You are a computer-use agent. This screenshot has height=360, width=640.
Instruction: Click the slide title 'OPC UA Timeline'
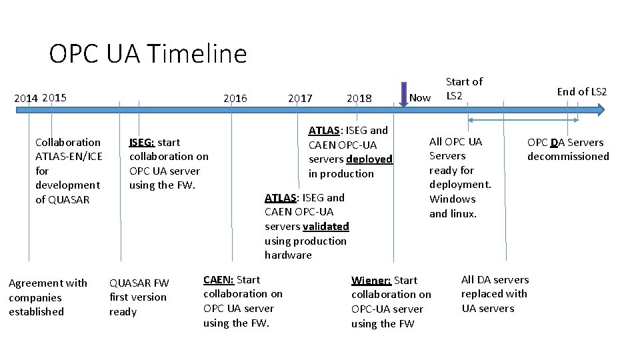(147, 53)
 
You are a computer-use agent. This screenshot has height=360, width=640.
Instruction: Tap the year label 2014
(26, 99)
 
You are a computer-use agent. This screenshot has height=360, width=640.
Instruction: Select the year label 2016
(235, 99)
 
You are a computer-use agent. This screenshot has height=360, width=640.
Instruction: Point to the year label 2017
(300, 99)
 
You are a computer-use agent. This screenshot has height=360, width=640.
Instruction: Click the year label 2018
(359, 99)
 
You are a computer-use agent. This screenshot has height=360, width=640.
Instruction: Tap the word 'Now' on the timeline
(419, 98)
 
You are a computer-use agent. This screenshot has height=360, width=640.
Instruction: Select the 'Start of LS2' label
(464, 88)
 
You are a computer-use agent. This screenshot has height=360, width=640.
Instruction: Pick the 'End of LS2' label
(582, 92)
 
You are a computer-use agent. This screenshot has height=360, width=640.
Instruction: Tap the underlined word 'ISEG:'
(142, 142)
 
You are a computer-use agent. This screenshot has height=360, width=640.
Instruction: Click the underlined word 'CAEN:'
(219, 279)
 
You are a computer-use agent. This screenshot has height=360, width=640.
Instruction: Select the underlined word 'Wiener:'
(371, 280)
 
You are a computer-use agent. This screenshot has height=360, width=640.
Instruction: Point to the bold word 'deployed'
(369, 159)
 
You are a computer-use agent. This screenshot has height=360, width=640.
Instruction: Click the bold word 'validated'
(325, 227)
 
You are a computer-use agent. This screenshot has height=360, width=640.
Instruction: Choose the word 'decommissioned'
(568, 157)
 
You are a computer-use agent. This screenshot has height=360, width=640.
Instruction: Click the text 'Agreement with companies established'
(48, 297)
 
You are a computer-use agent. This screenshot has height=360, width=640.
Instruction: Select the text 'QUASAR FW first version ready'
(139, 297)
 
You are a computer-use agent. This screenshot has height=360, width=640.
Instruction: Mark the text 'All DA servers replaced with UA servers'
(495, 294)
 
